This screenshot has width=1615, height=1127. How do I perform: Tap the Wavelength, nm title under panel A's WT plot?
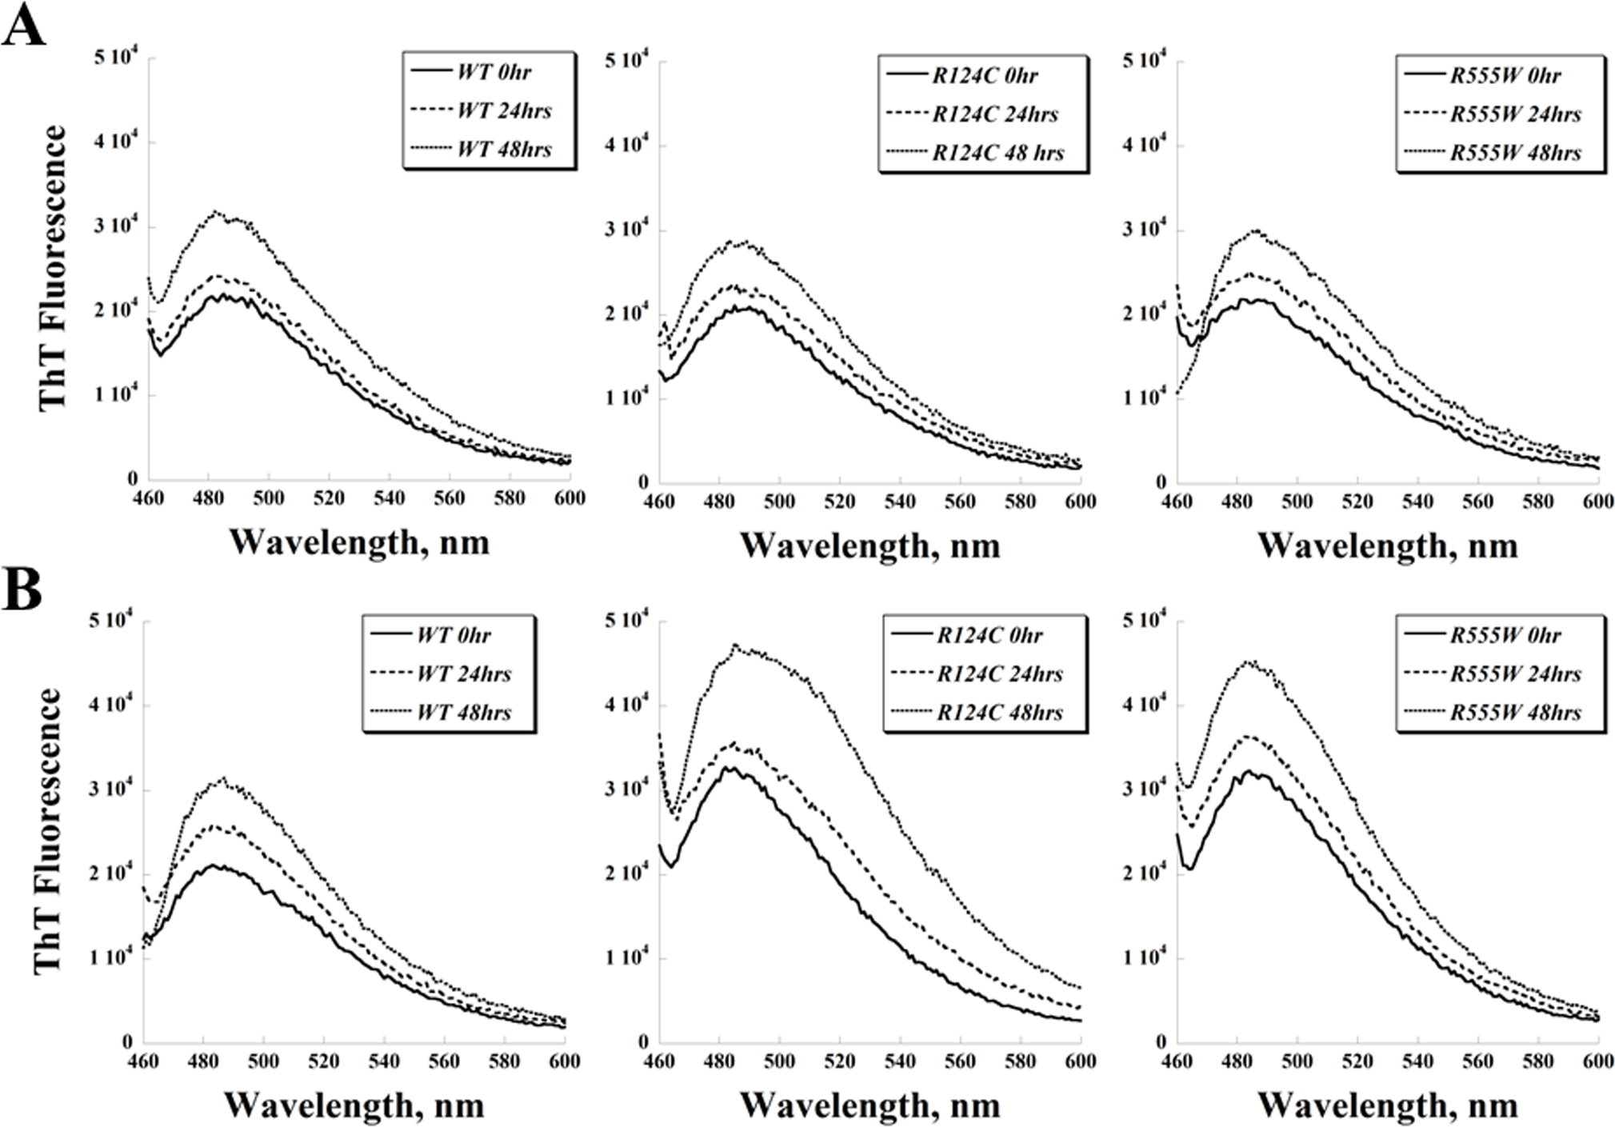[359, 542]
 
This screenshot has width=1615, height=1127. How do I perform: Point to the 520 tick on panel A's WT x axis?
[329, 498]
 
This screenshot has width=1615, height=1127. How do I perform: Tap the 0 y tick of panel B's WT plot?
[126, 1042]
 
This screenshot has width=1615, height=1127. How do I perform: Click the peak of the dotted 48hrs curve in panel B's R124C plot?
[734, 645]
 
